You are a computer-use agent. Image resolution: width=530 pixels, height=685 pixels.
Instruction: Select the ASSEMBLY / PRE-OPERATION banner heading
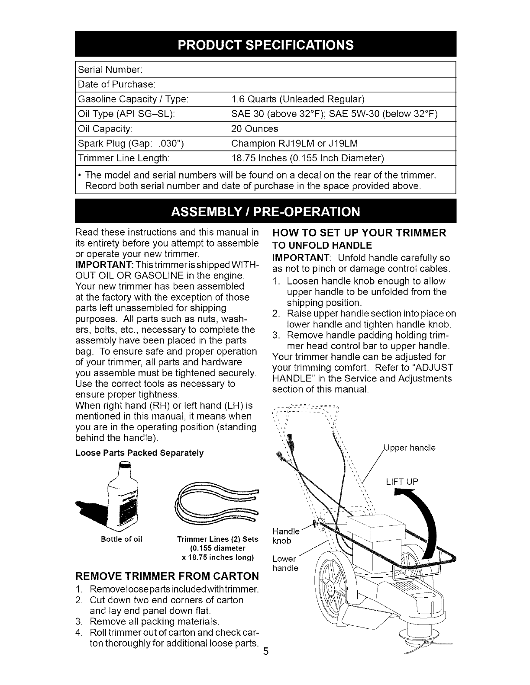pyautogui.click(x=265, y=212)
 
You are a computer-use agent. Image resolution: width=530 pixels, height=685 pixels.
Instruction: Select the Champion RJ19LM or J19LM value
pyautogui.click(x=294, y=144)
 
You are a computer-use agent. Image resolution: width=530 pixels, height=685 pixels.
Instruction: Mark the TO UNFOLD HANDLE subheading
pyautogui.click(x=322, y=245)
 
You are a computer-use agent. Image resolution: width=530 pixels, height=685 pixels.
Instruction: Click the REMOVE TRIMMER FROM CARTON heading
pyautogui.click(x=167, y=576)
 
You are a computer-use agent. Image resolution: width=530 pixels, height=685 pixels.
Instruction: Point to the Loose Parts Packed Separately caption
pyautogui.click(x=139, y=454)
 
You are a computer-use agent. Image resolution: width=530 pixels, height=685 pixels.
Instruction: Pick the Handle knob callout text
pyautogui.click(x=284, y=536)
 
